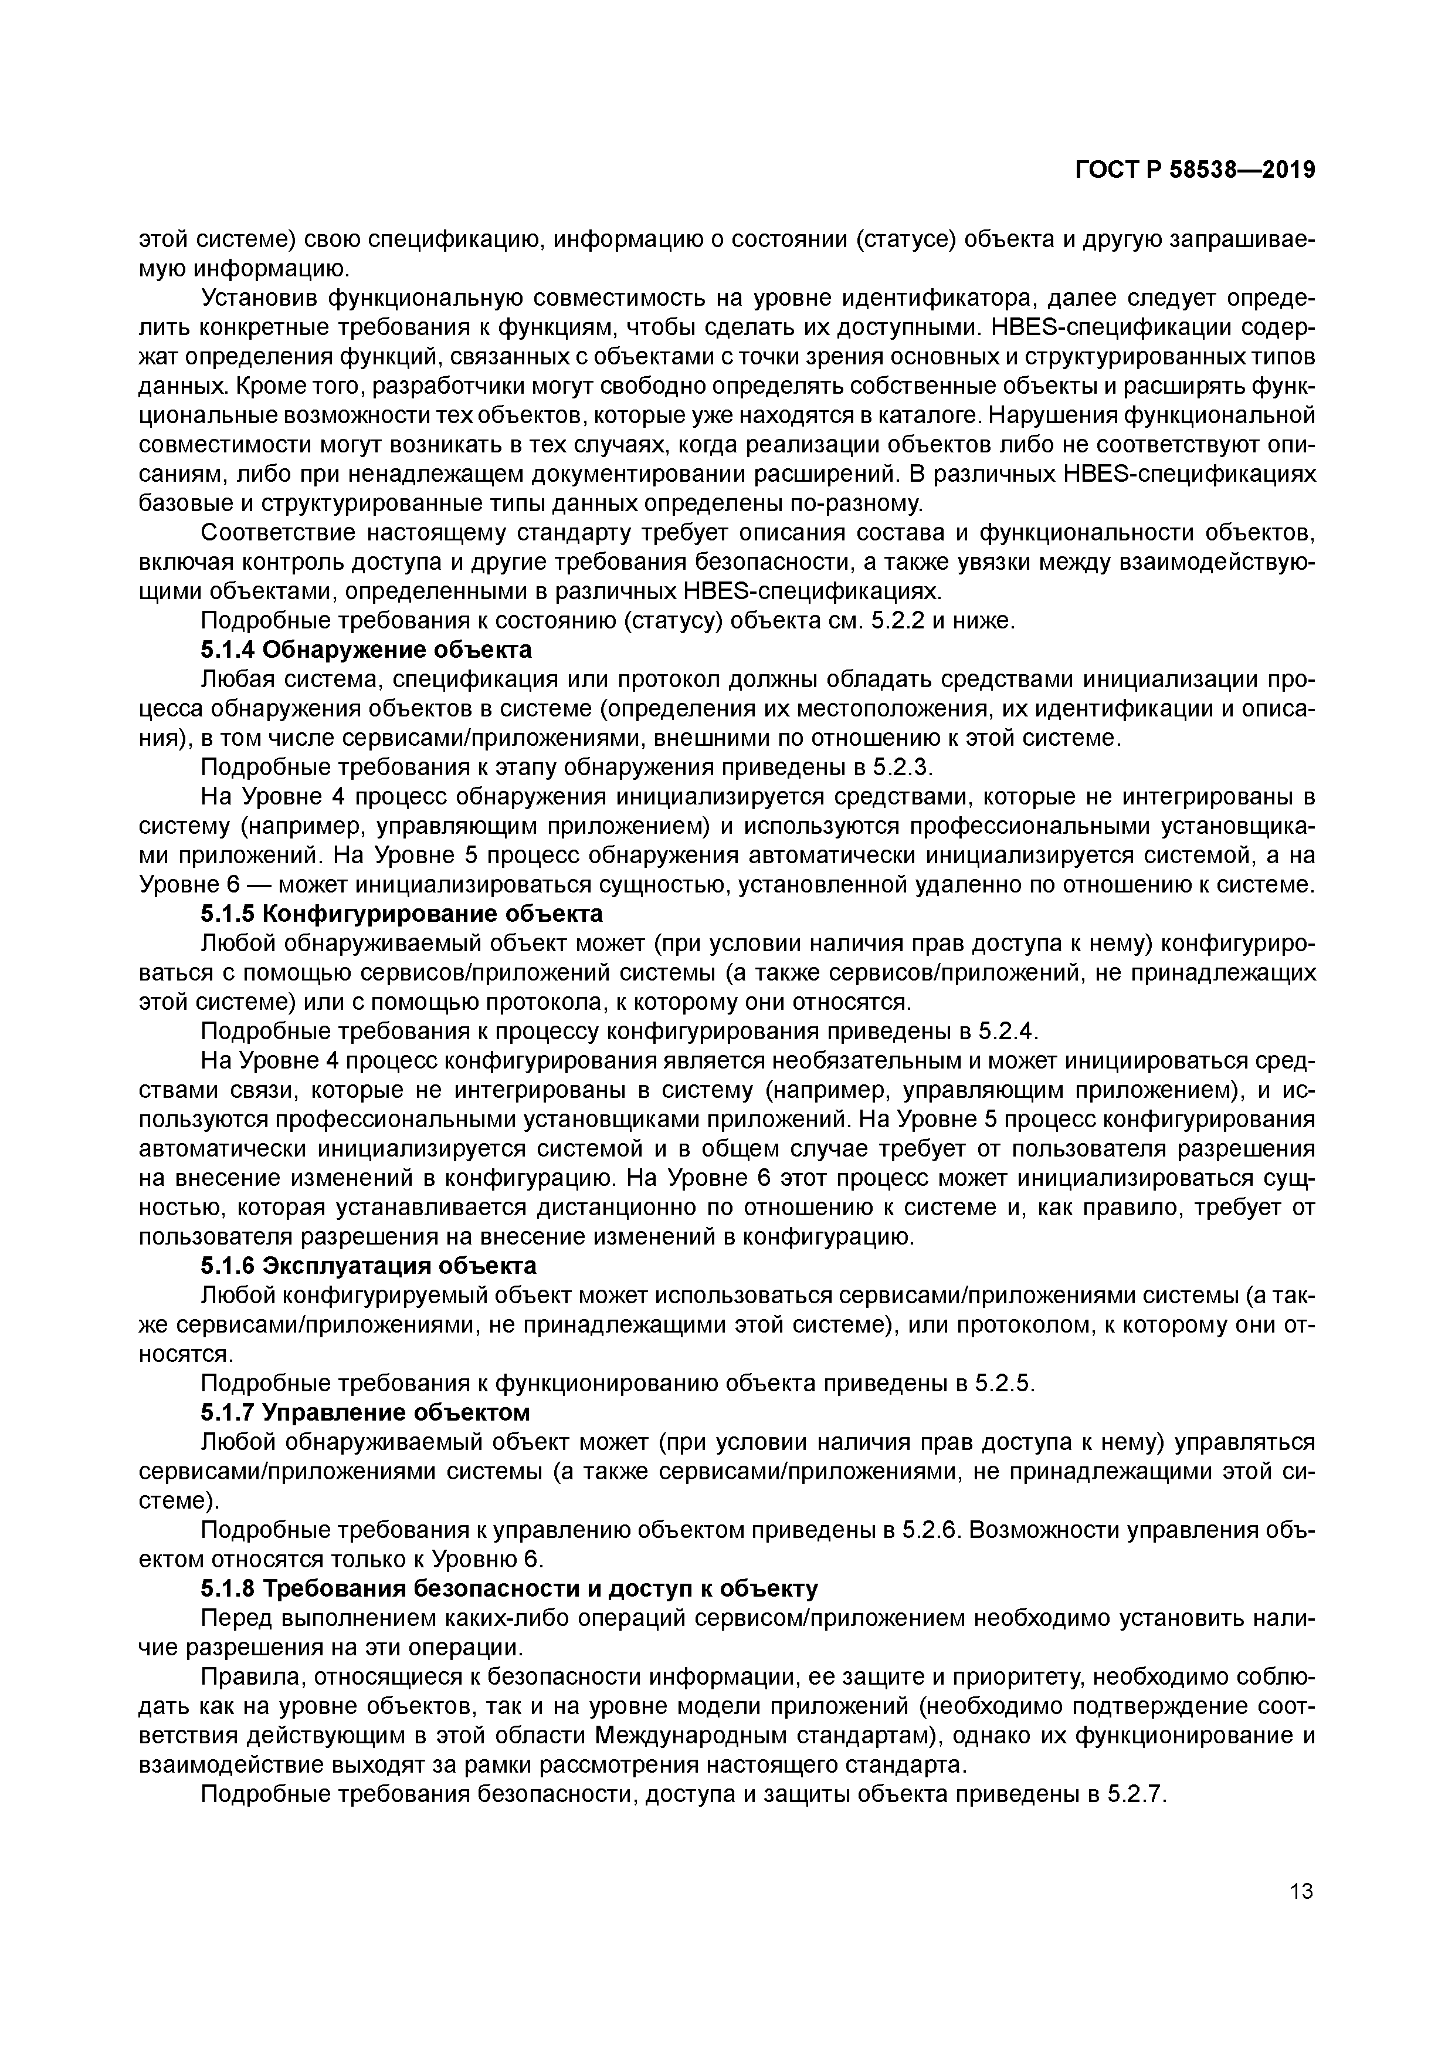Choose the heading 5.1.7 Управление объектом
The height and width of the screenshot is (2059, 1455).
click(x=365, y=1412)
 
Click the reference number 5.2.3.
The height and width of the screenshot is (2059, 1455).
click(x=904, y=767)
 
